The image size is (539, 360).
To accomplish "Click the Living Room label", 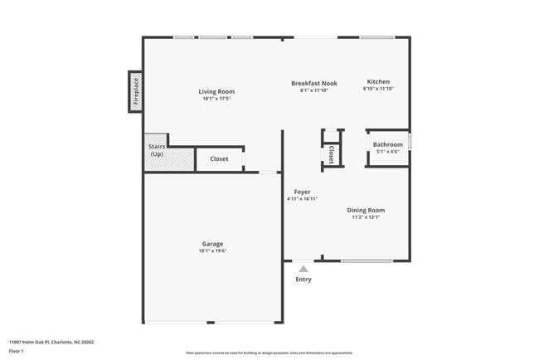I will tap(216, 91).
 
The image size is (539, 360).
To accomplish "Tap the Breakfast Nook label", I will tap(313, 83).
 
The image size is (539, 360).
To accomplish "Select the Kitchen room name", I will tap(378, 82).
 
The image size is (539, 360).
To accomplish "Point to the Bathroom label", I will tap(387, 144).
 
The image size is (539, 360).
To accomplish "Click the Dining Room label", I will tap(366, 210).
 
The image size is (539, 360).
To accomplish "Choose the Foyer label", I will tap(302, 192).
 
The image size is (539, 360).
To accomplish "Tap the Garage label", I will tap(212, 244).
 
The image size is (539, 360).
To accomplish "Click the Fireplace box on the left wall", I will tap(134, 92).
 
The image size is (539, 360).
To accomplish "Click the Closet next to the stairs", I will tap(219, 158).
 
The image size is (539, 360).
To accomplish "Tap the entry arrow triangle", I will tap(303, 268).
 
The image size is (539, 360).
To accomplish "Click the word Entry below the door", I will tap(303, 280).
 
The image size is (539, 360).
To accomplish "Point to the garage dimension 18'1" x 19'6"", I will tap(212, 251).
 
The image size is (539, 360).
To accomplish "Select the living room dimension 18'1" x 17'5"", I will tap(216, 99).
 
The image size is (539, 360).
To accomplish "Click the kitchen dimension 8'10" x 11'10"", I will tap(378, 90).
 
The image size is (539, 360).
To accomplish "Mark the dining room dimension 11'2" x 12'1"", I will tap(366, 217).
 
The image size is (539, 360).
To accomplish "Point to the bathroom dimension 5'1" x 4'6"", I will tap(387, 152).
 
